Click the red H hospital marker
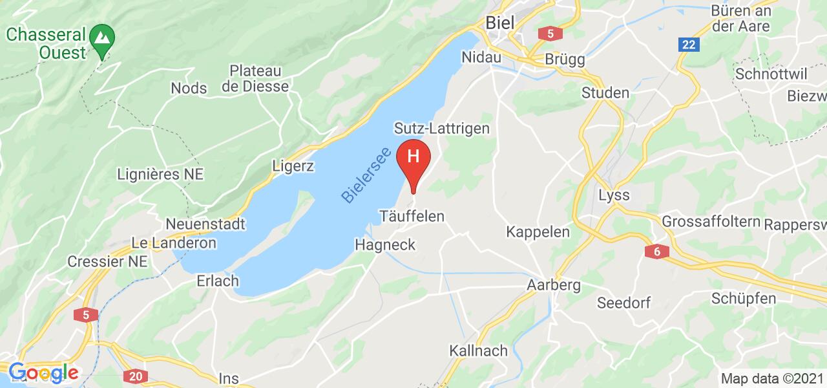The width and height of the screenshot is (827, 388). point(413,157)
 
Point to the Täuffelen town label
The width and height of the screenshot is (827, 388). point(415,216)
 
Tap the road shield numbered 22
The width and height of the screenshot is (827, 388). point(689,44)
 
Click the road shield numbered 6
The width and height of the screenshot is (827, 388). point(656,252)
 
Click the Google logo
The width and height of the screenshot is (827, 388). point(43,372)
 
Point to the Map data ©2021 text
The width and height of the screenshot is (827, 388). point(771,378)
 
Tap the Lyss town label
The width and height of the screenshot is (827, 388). point(614,195)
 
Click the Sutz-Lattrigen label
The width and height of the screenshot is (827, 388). point(442,129)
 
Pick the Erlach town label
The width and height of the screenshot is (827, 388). point(218,281)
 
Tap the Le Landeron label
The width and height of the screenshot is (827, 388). point(173,243)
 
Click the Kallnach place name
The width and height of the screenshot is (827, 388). point(476,351)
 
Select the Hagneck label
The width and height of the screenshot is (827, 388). point(384,244)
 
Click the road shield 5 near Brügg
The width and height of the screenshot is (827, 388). point(550,32)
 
